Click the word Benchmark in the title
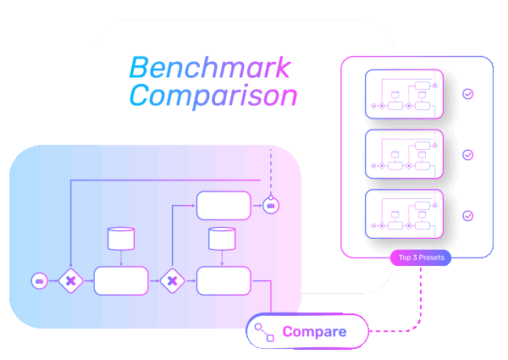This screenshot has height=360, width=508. coord(209,67)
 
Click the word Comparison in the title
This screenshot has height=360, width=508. coord(213,95)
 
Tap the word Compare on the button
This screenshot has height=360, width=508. coord(314,331)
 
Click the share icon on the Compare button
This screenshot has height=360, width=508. coord(264,331)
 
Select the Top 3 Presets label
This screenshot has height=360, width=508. coord(420,257)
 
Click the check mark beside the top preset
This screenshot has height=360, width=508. coord(467,95)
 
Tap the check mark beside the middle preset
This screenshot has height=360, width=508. coord(467,155)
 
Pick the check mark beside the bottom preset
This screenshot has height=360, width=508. coord(467,216)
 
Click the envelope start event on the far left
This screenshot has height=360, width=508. coord(39,280)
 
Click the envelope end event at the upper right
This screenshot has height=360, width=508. coord(270,206)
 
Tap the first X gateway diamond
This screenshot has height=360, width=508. coord(71,280)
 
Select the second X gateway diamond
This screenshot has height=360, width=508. coord(172,280)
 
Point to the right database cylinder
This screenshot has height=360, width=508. coord(222,238)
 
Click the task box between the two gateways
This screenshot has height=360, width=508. coord(121,280)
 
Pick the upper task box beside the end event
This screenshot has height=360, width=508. coord(224,206)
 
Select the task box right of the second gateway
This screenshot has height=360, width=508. coord(224,280)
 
